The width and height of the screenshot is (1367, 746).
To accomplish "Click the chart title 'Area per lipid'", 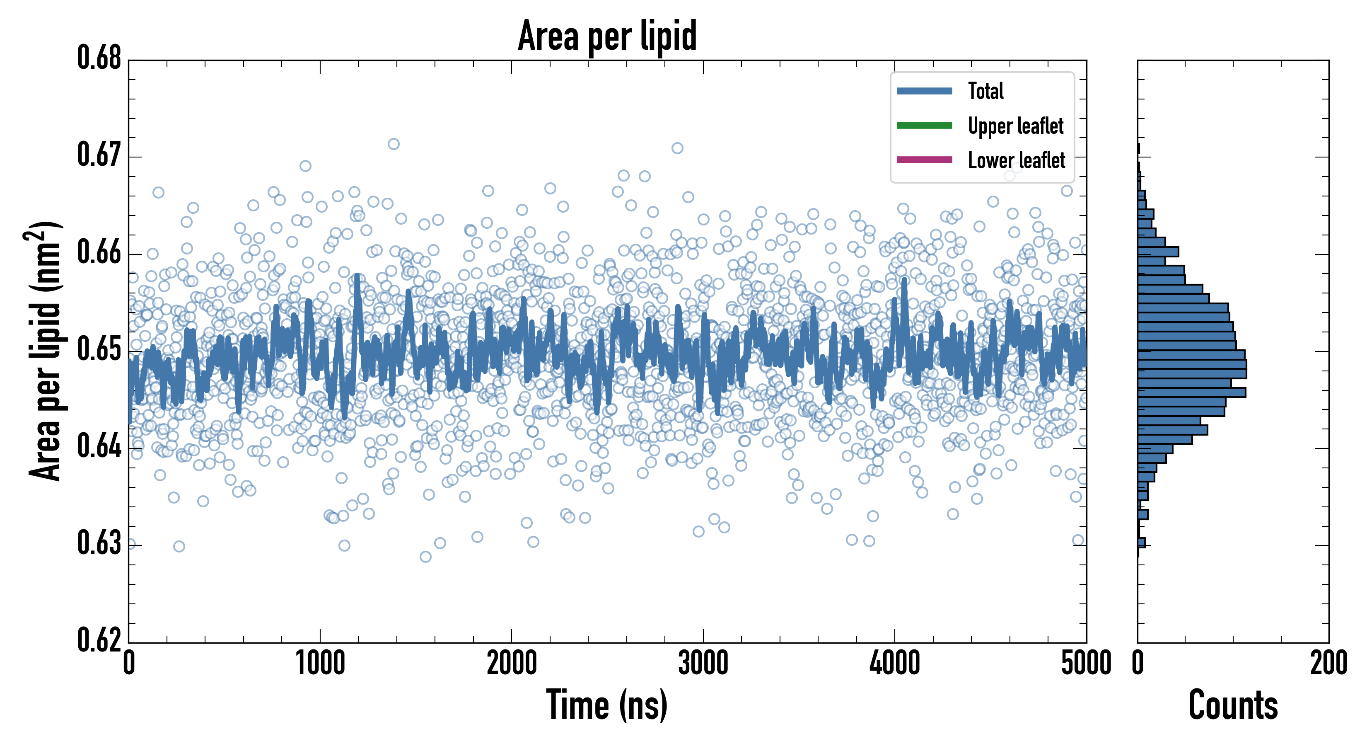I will (607, 36).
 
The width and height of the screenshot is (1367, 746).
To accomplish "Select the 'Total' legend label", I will (985, 91).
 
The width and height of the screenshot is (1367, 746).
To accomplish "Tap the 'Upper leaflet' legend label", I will (1015, 126).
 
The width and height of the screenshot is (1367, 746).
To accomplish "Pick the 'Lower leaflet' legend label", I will (1016, 160).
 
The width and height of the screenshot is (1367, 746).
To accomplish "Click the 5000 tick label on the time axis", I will (1086, 664).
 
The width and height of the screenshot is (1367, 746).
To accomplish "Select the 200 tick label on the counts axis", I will (1328, 664).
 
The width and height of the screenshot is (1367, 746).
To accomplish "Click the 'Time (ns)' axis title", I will (607, 705).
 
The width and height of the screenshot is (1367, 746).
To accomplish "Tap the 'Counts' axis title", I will (1233, 705).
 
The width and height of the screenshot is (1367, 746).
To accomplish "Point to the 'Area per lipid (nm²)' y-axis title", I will (45, 351).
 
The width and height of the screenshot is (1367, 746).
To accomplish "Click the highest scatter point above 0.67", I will (393, 144).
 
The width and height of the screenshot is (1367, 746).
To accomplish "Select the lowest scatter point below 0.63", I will (425, 557).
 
